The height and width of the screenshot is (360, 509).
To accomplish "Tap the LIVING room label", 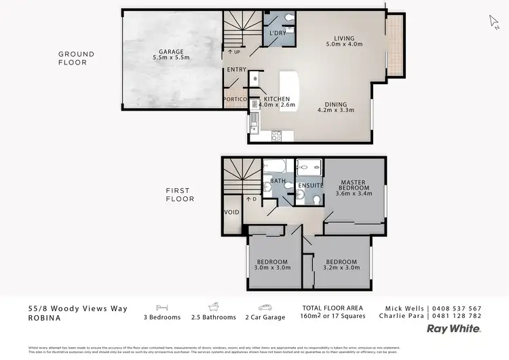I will pos(344,38).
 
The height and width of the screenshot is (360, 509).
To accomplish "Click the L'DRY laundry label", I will pos(277,33).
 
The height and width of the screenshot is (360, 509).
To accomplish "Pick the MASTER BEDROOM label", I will pos(353,184).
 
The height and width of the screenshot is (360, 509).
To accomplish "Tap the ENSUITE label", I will pos(309,185).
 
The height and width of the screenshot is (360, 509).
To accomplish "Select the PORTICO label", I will pos(235,100).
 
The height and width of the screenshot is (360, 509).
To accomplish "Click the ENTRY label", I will pos(236,70).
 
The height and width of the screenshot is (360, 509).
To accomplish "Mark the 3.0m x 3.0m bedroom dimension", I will pos(271,268).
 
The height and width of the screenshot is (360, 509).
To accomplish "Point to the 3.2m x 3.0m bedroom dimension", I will pos(341,268).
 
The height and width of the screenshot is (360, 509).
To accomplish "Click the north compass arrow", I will pos(494,20).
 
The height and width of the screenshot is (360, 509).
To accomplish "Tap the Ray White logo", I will pos(453,328).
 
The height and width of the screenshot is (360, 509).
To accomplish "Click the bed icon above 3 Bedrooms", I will pos(162,307).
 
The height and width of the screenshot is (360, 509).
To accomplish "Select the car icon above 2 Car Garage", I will pos(265,307).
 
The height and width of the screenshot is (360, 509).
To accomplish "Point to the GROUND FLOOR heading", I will pos(76,58).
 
